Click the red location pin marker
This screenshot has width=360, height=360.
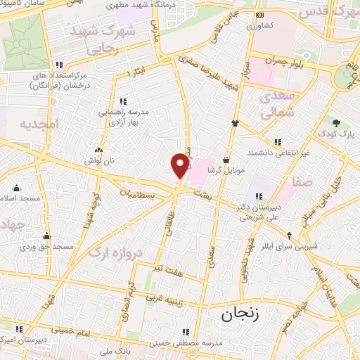pyautogui.click(x=181, y=165)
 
